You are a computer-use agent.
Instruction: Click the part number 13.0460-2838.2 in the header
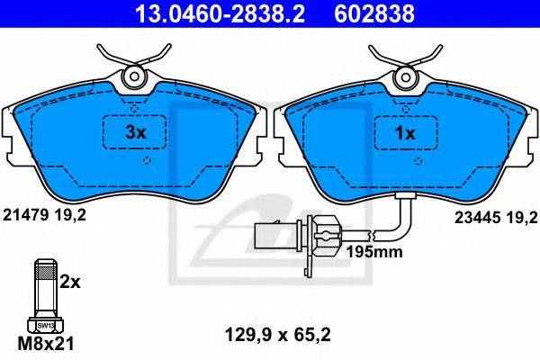coord(220,13)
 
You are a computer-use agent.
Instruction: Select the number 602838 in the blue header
coord(374,13)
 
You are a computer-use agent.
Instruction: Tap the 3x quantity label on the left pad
coord(136,132)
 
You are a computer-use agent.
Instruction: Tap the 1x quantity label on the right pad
coord(406,133)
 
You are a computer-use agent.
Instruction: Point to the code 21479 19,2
coord(44,216)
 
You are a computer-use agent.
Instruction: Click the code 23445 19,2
coord(496,218)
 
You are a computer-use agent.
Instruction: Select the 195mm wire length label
coord(374,252)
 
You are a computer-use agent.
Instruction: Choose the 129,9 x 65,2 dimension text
coord(277,335)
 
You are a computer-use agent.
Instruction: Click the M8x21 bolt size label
coord(46,344)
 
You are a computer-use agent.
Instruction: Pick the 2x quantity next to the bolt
coord(70,283)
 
